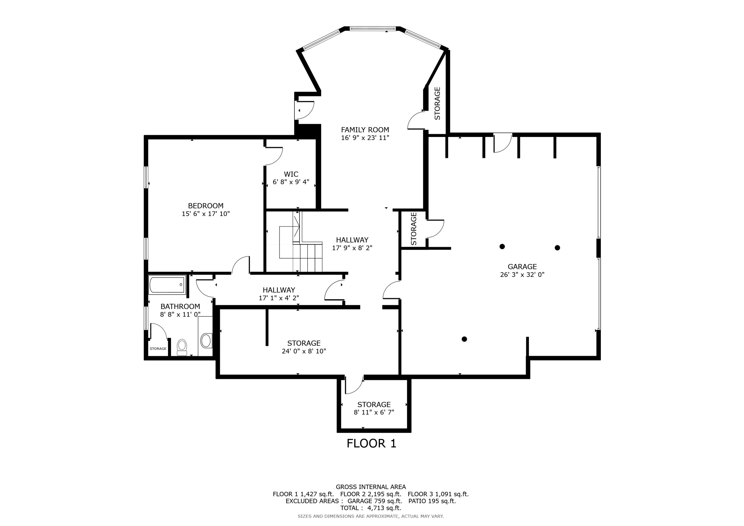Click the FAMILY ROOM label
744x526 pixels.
click(x=365, y=130)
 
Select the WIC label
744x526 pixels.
click(x=291, y=174)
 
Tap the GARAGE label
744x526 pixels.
click(x=522, y=266)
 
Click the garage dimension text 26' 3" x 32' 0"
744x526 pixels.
click(x=522, y=275)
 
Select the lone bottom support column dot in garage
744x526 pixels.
click(x=464, y=339)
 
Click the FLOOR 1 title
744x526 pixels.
click(x=371, y=443)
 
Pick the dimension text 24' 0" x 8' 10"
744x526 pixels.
click(x=304, y=351)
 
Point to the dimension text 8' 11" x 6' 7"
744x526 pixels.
click(x=374, y=412)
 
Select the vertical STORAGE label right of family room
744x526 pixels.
click(x=437, y=103)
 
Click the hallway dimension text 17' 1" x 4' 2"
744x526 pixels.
click(x=279, y=298)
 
